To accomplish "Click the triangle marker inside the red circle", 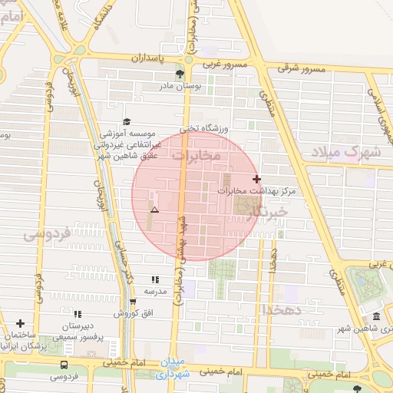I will [155, 210].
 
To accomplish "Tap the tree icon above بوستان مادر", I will [180, 74].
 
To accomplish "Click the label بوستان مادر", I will [180, 87].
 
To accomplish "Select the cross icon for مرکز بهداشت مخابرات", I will [256, 178].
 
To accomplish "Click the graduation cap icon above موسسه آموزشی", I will [127, 121].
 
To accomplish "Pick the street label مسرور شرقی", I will [302, 69].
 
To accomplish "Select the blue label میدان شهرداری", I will [171, 369].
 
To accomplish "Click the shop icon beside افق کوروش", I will [133, 301].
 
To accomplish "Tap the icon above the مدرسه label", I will [156, 280].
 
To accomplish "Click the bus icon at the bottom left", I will [64, 365].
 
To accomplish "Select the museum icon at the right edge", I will [375, 317].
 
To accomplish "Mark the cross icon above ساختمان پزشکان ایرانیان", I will [20, 323].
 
